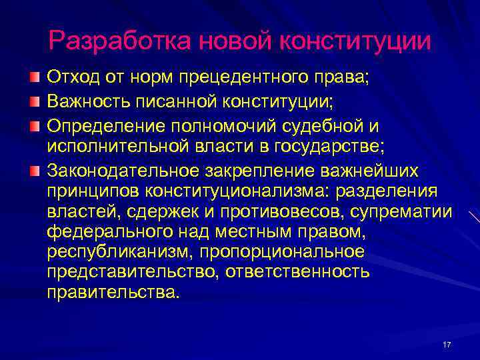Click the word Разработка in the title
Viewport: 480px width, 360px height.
point(118,41)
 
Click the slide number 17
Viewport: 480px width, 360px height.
point(447,345)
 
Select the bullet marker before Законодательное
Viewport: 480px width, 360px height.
point(35,171)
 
